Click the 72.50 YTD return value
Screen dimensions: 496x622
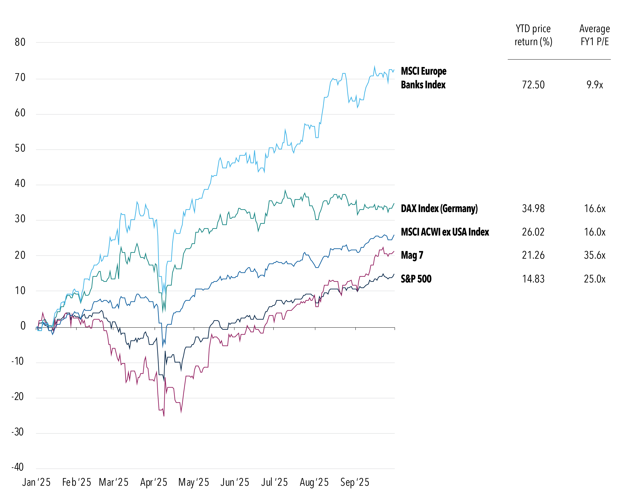click(533, 85)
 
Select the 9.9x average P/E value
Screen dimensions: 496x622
click(595, 85)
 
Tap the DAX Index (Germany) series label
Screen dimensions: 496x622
click(439, 208)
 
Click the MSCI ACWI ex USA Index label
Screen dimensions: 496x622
click(445, 232)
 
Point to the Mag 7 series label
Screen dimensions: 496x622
click(412, 255)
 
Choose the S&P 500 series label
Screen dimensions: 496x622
click(416, 279)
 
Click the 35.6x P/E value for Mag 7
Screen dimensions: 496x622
click(595, 255)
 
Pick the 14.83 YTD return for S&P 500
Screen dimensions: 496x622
click(533, 279)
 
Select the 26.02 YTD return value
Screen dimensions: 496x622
click(533, 232)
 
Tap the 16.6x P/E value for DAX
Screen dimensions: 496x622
click(595, 208)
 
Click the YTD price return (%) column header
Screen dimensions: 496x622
click(533, 35)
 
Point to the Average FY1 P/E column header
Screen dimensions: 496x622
click(595, 35)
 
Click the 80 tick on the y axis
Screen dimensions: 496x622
click(20, 42)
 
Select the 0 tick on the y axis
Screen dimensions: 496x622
click(23, 326)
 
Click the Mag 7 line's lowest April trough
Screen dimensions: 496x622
click(164, 416)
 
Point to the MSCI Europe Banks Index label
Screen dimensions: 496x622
click(424, 78)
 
